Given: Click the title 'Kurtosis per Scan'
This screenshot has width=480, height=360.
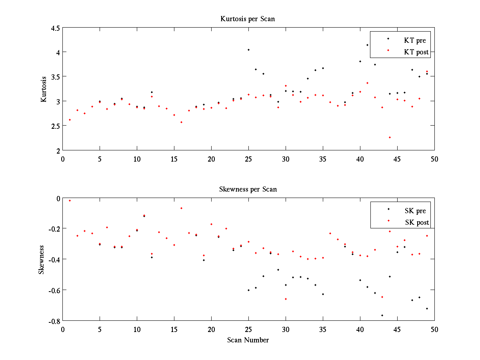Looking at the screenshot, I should point(248,19).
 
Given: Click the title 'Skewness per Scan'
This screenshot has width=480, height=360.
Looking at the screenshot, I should point(248,189).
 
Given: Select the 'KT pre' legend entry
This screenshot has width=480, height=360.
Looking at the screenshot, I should point(415,40).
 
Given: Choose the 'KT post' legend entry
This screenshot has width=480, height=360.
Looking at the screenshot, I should point(416,52).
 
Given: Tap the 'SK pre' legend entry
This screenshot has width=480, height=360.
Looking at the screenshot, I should point(415,211).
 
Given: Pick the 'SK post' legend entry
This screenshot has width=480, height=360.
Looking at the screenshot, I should point(416,222).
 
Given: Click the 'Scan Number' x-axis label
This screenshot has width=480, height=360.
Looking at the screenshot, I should point(248,340).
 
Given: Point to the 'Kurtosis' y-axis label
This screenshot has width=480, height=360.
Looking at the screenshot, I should point(44,89).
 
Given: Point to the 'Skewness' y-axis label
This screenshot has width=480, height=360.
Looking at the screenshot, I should point(41,260).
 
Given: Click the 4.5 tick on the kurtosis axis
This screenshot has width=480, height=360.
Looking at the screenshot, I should point(56,28).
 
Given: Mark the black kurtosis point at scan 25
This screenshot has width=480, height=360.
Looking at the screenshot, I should point(248,50).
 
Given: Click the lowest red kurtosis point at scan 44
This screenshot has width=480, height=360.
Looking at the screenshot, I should point(390,137).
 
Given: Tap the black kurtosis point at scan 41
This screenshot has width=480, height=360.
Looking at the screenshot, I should point(367,45).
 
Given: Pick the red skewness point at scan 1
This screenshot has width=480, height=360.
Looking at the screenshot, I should point(70,200).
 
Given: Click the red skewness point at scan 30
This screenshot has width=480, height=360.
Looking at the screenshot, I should point(286,299).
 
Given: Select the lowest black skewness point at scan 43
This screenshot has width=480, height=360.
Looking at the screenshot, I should point(382,315).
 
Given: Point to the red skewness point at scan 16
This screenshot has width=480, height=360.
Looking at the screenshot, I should point(181,208).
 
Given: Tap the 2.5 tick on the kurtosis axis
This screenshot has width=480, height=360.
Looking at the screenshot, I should point(56,126).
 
